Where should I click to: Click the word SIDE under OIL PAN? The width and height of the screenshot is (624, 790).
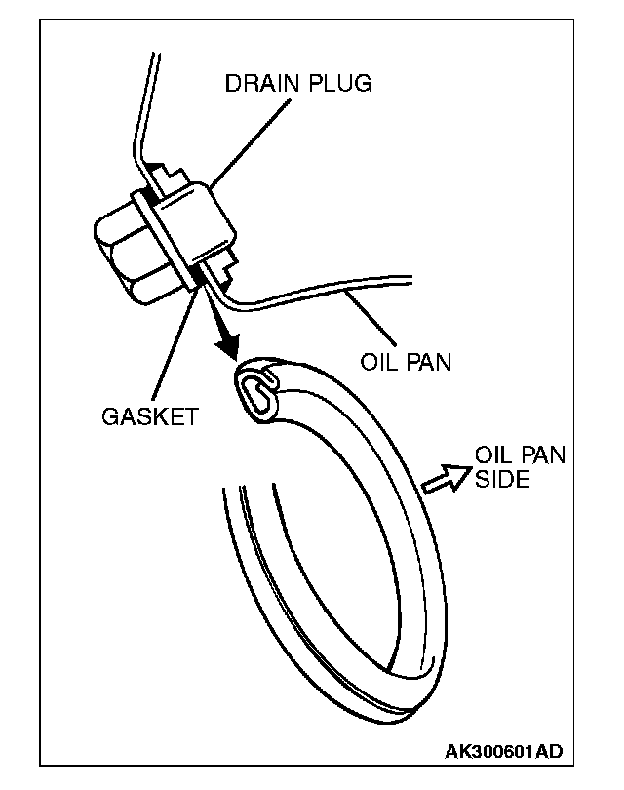click(x=503, y=480)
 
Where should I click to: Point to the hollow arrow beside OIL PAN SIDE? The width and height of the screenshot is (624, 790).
click(x=444, y=478)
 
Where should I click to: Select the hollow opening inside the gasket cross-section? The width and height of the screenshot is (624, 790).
click(x=255, y=389)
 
